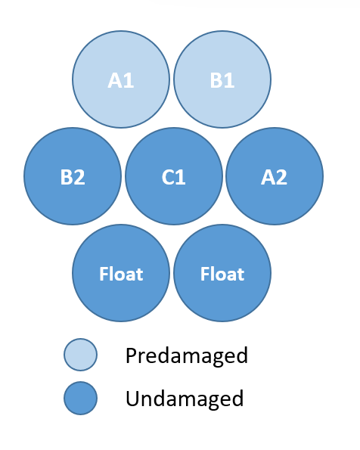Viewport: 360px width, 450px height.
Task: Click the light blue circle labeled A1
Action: [121, 79]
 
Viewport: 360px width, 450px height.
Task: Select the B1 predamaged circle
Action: [222, 79]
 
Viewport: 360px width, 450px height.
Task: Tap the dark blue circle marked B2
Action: [73, 176]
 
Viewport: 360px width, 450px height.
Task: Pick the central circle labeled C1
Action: [174, 176]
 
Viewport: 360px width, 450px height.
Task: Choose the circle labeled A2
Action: [275, 176]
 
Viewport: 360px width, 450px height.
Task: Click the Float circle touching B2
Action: [121, 273]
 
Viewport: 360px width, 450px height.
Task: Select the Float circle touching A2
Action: [222, 273]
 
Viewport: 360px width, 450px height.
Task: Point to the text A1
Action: [121, 80]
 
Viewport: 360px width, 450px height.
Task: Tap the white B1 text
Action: [222, 80]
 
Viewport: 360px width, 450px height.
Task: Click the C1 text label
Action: [174, 177]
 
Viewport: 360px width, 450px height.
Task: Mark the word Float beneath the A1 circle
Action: [121, 274]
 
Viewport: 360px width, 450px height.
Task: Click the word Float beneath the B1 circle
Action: [222, 274]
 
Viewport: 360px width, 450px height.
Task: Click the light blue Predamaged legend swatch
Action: [80, 355]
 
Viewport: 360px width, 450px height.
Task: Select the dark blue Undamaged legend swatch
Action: [80, 398]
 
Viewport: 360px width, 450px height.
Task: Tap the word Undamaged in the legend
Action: [185, 399]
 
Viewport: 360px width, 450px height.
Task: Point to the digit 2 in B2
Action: [79, 177]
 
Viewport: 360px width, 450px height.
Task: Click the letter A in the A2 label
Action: [268, 178]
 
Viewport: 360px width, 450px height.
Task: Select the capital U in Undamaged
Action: [132, 399]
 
